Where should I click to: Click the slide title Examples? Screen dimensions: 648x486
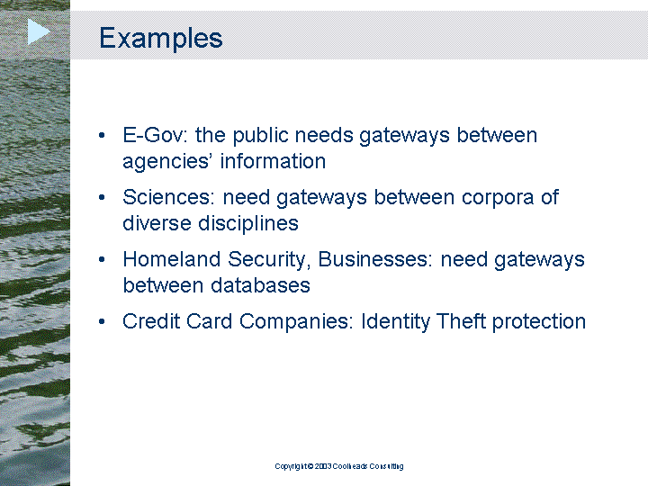pyautogui.click(x=161, y=38)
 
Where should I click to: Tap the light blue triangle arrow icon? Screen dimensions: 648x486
pyautogui.click(x=39, y=31)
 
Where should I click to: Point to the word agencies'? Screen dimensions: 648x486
pyautogui.click(x=168, y=162)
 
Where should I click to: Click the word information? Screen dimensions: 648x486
pyautogui.click(x=274, y=161)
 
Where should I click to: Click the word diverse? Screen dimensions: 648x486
pyautogui.click(x=157, y=223)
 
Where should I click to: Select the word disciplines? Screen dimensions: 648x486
pyautogui.click(x=248, y=223)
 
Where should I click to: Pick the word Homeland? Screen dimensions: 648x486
pyautogui.click(x=172, y=259)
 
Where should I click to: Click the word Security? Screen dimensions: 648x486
pyautogui.click(x=269, y=260)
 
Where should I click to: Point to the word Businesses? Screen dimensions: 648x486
pyautogui.click(x=375, y=259)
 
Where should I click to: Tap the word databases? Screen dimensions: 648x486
pyautogui.click(x=260, y=285)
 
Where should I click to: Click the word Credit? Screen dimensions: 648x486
pyautogui.click(x=151, y=321)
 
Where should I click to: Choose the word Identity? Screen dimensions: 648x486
pyautogui.click(x=395, y=322)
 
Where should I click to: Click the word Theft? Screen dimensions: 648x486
pyautogui.click(x=461, y=321)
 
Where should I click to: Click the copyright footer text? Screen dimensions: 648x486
pyautogui.click(x=339, y=466)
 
